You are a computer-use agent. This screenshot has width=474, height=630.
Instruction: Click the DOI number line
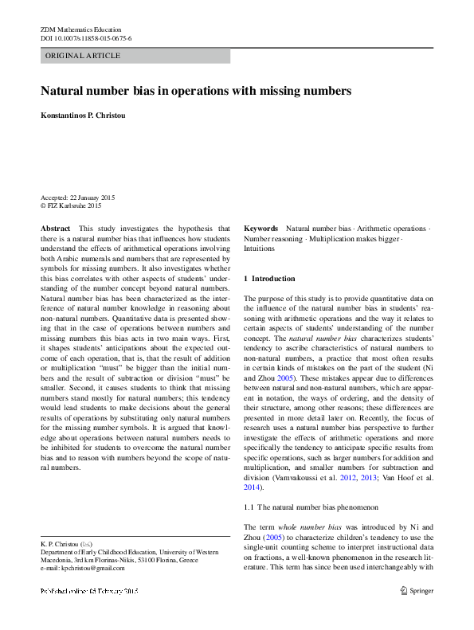point(86,38)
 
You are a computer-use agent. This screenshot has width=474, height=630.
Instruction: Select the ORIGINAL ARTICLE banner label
point(83,56)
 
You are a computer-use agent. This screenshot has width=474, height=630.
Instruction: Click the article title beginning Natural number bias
point(196,91)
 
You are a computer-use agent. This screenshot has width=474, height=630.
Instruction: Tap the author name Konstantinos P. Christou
point(88,115)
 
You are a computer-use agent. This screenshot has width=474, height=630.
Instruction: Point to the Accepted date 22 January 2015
point(79,197)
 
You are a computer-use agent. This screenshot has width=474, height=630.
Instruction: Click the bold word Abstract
point(55,228)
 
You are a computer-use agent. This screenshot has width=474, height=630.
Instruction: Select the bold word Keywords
point(261,228)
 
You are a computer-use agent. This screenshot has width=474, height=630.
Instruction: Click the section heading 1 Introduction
point(268,279)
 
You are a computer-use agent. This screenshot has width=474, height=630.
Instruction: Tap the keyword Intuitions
point(259,248)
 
